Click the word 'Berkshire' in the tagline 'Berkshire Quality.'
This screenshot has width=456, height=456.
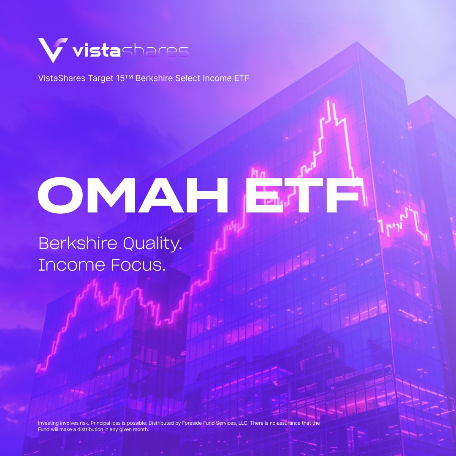78,244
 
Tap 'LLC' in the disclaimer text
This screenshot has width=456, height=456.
253,423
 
